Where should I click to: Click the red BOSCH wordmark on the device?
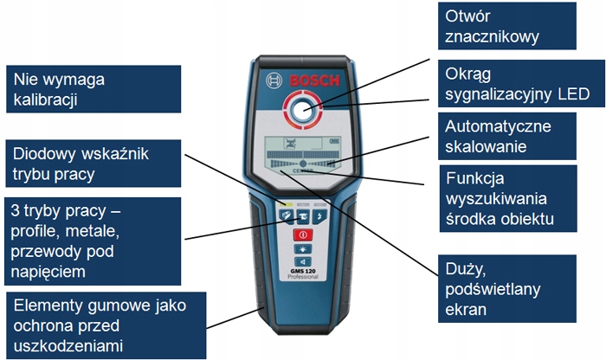pyautogui.click(x=315, y=80)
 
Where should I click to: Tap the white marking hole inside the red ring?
pyautogui.click(x=303, y=110)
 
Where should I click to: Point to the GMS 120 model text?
pyautogui.click(x=303, y=270)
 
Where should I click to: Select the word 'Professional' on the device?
pyautogui.click(x=303, y=277)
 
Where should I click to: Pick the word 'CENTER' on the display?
pyautogui.click(x=303, y=172)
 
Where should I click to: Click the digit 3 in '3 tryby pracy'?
pyautogui.click(x=16, y=212)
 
